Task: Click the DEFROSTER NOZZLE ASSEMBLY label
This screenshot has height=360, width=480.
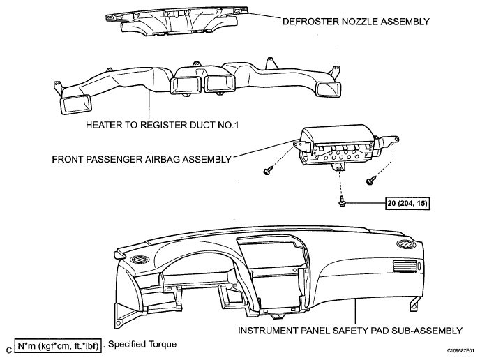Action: click(356, 22)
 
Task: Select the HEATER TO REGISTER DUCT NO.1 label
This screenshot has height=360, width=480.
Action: click(162, 125)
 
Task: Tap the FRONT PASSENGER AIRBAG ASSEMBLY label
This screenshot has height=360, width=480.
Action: click(142, 160)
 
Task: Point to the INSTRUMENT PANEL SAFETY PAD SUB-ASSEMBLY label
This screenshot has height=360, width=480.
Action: click(350, 331)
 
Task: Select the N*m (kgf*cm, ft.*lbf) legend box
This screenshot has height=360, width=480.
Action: click(57, 346)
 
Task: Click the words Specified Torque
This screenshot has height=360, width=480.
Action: click(142, 344)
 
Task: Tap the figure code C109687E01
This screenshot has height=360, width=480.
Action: click(460, 350)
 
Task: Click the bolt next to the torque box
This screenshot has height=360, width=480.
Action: click(341, 202)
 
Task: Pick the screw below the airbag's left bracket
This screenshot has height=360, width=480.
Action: click(268, 170)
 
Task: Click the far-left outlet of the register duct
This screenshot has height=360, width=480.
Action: click(77, 105)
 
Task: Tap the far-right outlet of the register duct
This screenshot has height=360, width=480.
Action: click(329, 90)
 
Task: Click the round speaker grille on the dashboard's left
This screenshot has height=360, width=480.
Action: click(140, 260)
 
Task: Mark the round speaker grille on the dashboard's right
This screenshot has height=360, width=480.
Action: click(406, 244)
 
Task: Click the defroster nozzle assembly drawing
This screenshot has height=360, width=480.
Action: click(176, 20)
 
